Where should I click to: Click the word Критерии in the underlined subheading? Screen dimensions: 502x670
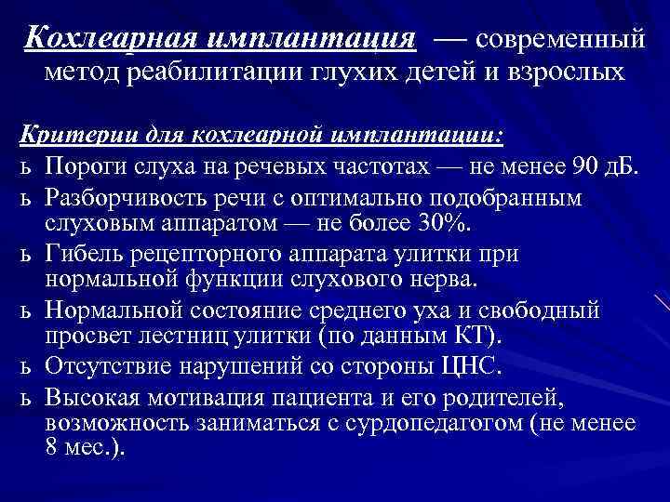click(x=76, y=136)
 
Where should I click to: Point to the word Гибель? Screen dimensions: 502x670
click(x=85, y=254)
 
